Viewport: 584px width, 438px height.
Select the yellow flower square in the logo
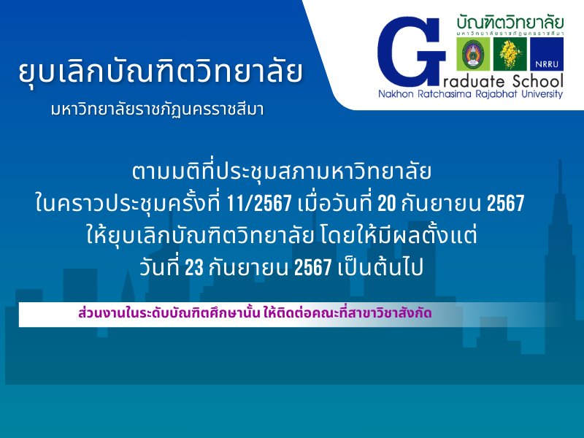click(x=510, y=54)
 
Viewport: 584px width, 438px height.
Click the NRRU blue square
click(x=547, y=54)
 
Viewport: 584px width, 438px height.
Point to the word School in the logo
click(x=538, y=81)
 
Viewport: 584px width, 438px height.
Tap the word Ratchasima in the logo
click(x=445, y=93)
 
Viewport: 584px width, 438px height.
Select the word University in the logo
click(x=542, y=94)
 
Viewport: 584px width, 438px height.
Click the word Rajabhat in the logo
click(x=496, y=94)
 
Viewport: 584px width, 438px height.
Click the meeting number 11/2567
click(x=258, y=204)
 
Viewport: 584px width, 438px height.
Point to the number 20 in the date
click(x=387, y=204)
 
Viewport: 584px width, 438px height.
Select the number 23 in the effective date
click(x=194, y=267)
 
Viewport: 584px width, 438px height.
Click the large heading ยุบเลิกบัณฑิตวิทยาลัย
click(x=161, y=71)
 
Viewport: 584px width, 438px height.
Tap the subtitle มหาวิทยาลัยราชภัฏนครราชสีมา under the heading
click(x=157, y=109)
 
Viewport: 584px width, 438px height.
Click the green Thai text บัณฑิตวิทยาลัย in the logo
click(x=510, y=23)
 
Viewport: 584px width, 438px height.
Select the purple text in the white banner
click(x=255, y=313)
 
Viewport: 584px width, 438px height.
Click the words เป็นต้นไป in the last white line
click(x=380, y=267)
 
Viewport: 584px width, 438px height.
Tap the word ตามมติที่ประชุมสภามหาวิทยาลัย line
click(x=282, y=172)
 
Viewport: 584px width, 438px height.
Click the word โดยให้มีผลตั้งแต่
click(x=398, y=235)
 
